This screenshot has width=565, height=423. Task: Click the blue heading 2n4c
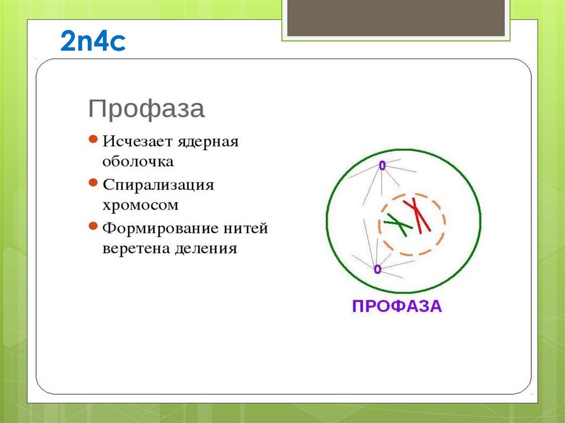pos(93,42)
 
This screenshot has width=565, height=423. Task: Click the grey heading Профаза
pos(146,109)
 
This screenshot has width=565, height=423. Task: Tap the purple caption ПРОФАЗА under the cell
pos(397,306)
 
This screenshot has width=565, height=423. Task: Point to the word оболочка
pos(138,162)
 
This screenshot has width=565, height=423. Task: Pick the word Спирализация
pos(158,185)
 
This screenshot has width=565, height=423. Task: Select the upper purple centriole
pos(381,164)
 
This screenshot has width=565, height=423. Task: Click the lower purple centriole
pos(377,269)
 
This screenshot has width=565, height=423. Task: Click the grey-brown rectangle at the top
pos(396,18)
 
